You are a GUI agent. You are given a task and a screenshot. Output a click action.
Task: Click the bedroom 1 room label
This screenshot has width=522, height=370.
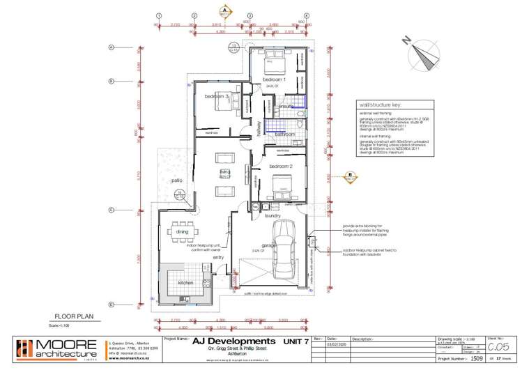[x=270, y=81]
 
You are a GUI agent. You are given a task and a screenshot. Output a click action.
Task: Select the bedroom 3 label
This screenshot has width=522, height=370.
[x=217, y=96]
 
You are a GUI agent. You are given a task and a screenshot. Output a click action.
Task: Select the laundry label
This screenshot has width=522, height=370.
[x=272, y=216]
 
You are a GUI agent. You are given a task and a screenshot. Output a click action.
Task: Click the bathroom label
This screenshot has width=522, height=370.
[x=284, y=133]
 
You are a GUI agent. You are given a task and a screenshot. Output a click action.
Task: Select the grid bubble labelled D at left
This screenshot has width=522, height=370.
[x=111, y=305]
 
